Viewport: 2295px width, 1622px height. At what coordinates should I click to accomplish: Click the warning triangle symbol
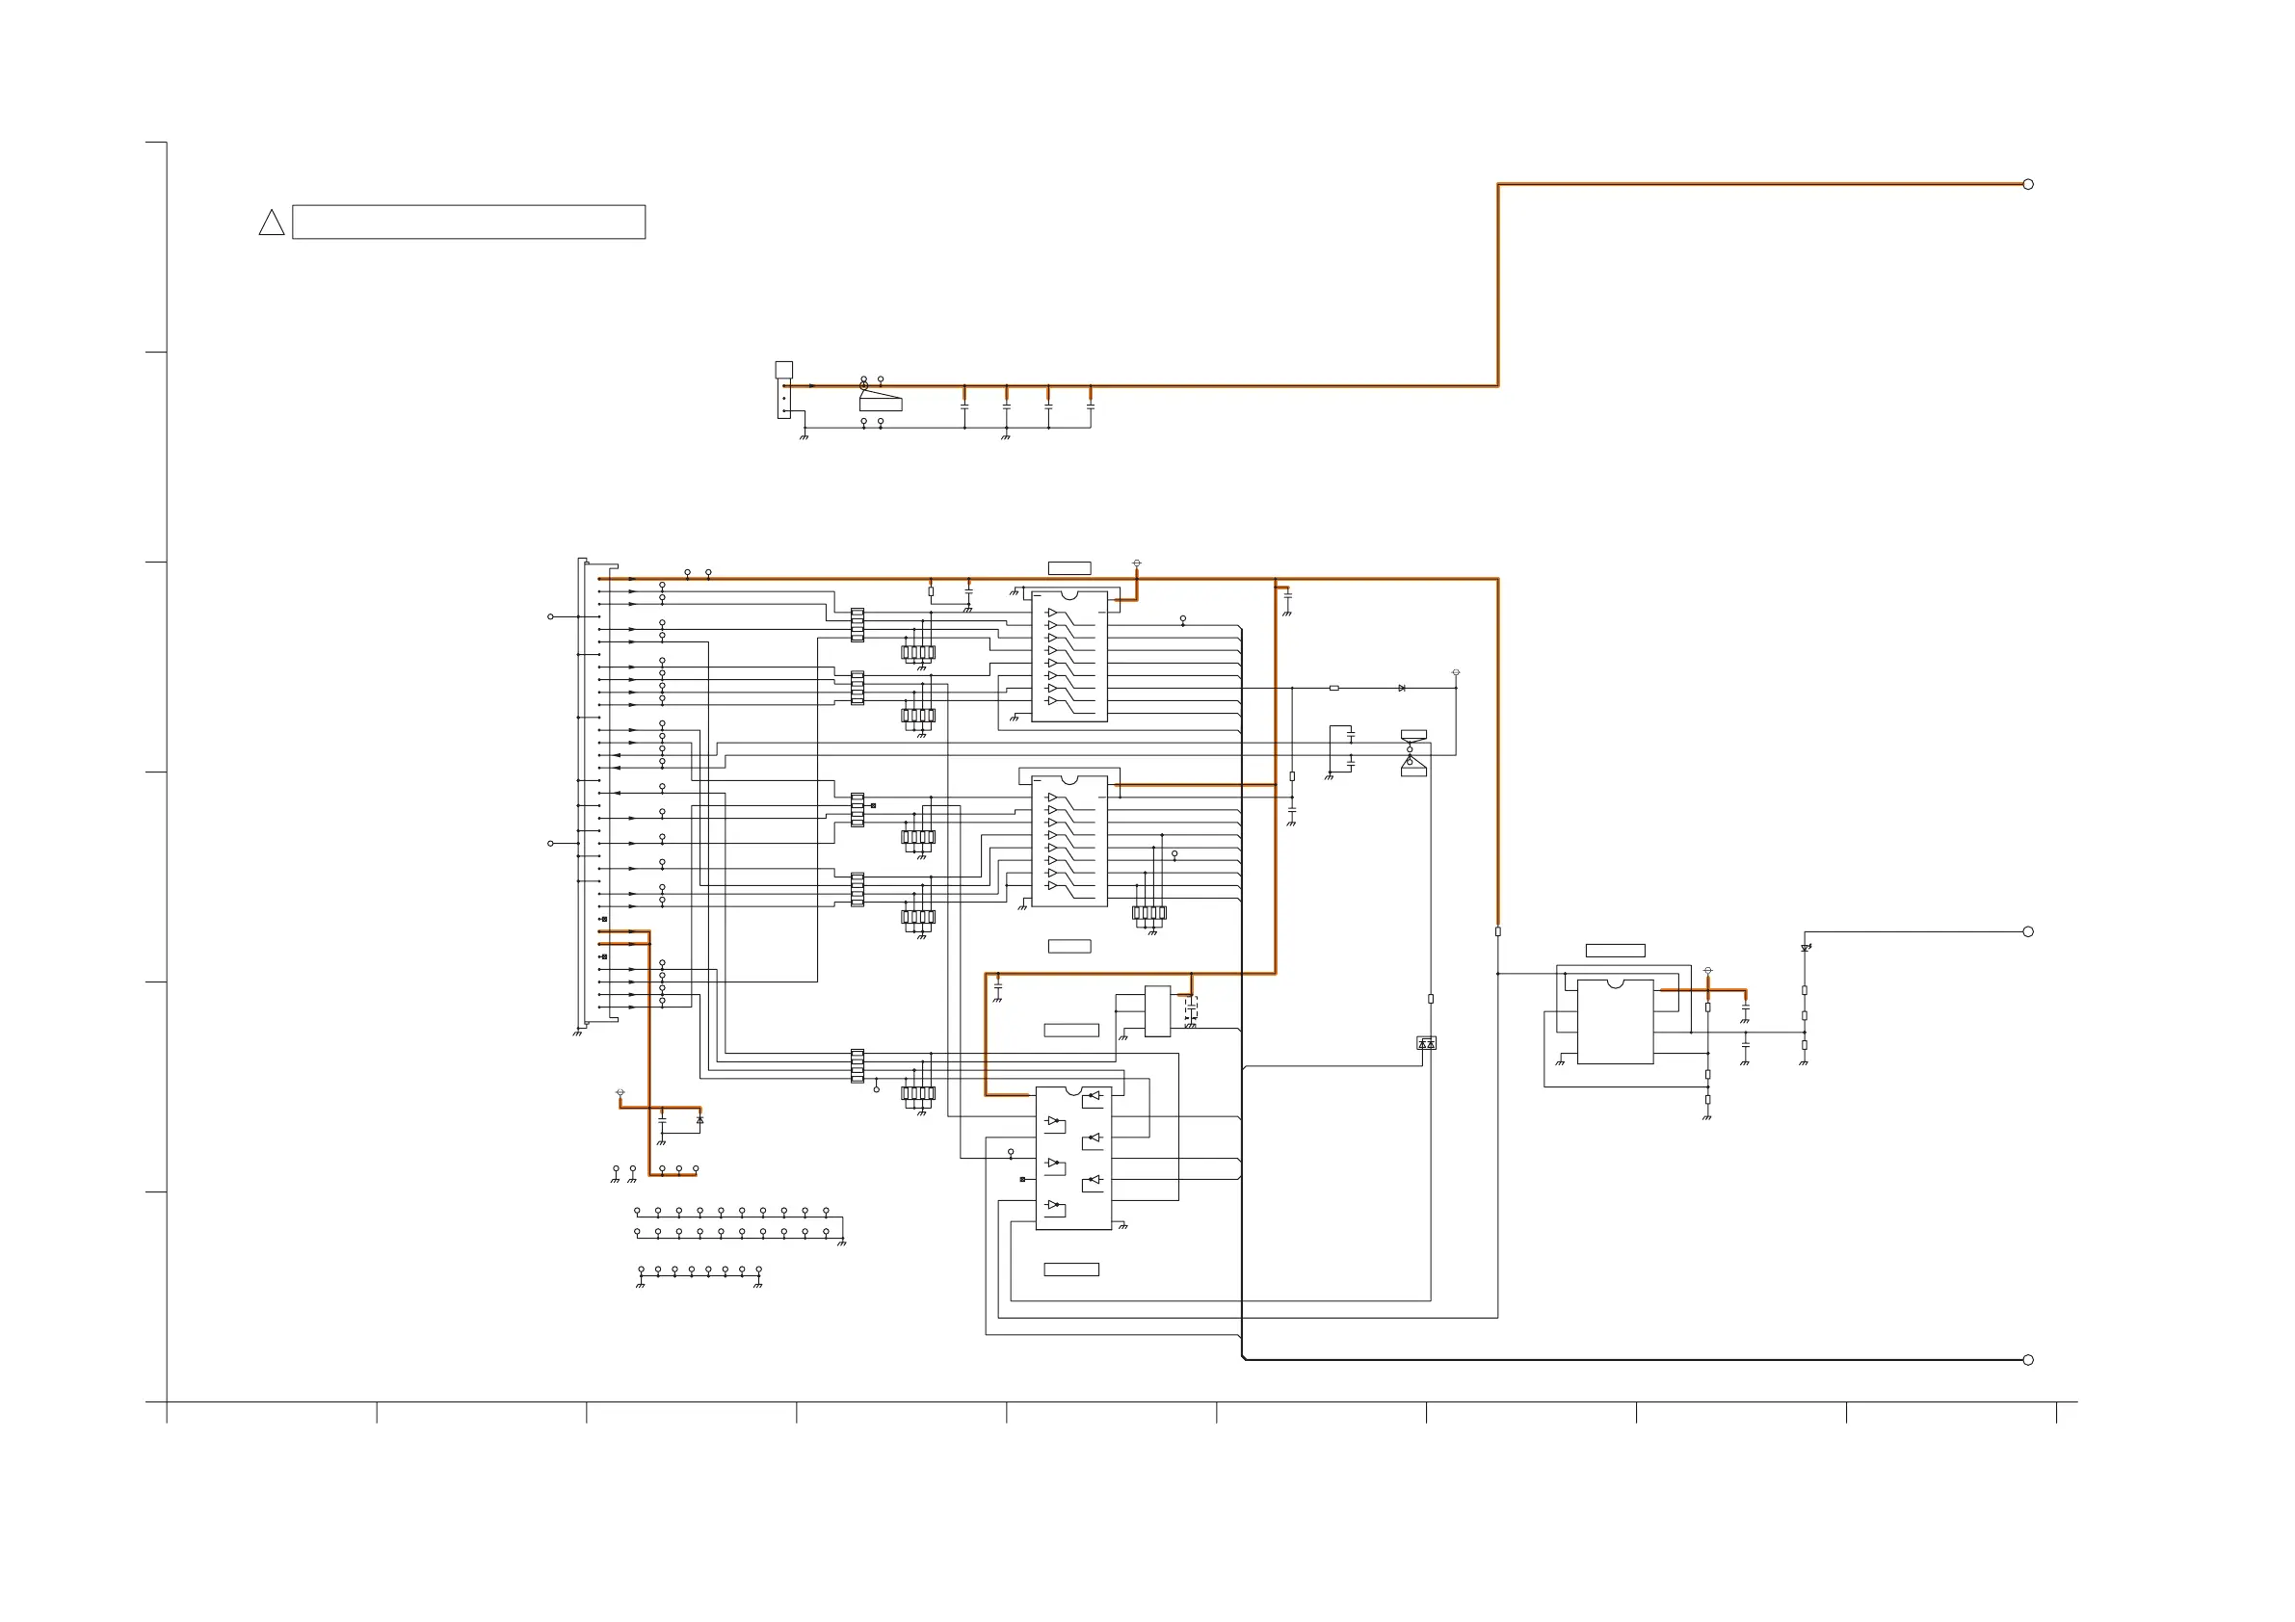point(271,223)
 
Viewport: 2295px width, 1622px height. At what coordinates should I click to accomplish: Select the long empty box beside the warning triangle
point(468,222)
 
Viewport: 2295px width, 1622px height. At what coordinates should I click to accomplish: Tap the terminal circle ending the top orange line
point(2028,184)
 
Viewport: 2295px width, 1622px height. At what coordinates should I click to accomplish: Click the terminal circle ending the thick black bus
point(2028,1360)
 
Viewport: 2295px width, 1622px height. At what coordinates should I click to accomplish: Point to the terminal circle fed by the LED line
point(2028,931)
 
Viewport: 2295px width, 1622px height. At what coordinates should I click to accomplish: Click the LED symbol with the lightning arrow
point(1805,948)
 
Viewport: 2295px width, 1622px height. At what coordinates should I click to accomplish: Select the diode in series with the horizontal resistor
point(1402,688)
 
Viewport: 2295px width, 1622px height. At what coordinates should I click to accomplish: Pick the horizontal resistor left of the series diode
point(1333,688)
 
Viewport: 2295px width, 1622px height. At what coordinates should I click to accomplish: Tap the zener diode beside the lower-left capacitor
point(699,1120)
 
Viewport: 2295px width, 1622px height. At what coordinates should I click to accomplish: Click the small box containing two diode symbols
point(1426,1043)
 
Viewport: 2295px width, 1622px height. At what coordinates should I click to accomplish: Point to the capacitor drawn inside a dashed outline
point(1191,1009)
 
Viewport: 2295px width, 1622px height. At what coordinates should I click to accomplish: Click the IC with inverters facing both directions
point(1073,1158)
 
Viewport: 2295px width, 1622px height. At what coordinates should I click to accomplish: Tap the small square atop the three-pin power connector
point(783,370)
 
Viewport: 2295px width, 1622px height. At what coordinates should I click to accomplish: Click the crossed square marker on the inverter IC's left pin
point(1021,1179)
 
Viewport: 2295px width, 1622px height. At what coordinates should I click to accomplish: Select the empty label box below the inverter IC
point(1070,1269)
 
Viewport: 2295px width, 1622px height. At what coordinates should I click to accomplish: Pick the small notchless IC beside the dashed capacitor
point(1156,1010)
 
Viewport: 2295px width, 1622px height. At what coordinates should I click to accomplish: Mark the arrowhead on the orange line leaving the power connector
point(811,386)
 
